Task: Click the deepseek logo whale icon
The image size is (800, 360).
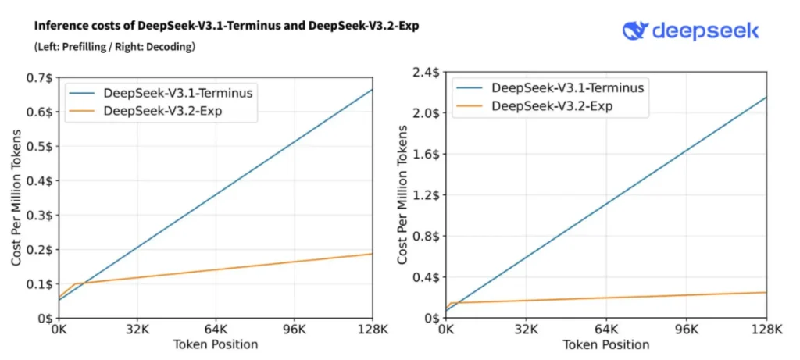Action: pyautogui.click(x=635, y=30)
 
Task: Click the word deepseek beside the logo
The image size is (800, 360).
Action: pyautogui.click(x=705, y=30)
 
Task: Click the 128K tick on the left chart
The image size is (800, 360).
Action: pyautogui.click(x=372, y=329)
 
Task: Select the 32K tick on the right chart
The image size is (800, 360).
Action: pyautogui.click(x=527, y=329)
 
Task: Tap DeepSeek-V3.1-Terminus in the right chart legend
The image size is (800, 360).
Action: pyautogui.click(x=568, y=87)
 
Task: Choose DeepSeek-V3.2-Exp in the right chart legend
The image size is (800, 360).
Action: pyautogui.click(x=556, y=105)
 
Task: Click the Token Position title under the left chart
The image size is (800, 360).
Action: pyautogui.click(x=216, y=344)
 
